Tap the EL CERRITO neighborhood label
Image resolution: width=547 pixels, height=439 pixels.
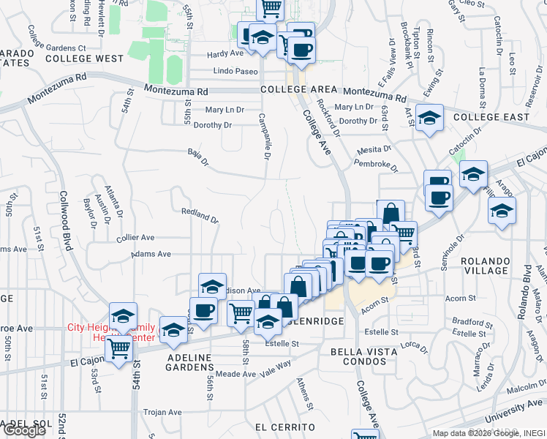coord(285,427)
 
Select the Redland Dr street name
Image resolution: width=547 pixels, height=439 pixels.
coord(200,214)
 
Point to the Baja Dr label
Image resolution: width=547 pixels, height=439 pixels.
coord(198,157)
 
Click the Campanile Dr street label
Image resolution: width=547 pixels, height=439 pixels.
coord(264,136)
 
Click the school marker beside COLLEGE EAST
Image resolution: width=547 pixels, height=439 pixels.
coord(429,117)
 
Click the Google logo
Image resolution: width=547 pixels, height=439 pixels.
coord(24,430)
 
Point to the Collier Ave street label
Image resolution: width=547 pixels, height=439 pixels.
coord(135,238)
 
